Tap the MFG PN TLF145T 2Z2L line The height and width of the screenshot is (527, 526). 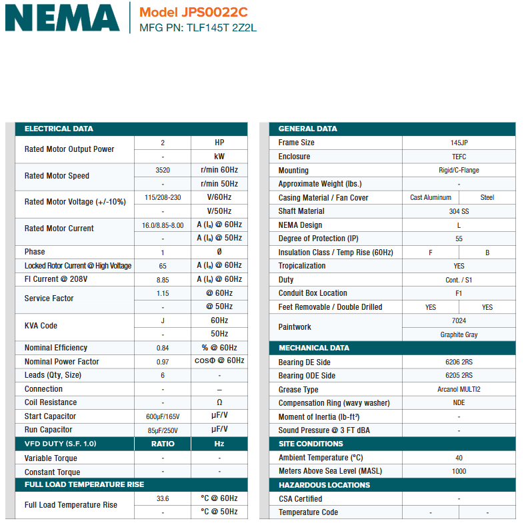coord(197,28)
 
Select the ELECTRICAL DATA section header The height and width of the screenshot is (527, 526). coord(59,129)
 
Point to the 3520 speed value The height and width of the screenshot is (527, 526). coord(163,170)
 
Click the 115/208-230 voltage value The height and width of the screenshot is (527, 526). coord(163,197)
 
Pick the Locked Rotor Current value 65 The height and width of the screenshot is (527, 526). coord(163,266)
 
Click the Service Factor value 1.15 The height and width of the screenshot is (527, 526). coord(163,293)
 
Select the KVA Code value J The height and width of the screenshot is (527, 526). coord(163,320)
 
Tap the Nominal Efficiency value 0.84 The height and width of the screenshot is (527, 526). coord(163,348)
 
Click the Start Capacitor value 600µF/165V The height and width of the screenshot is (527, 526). coord(163,416)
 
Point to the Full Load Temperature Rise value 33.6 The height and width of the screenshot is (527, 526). coord(163,498)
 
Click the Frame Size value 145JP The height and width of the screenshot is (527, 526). coord(459,143)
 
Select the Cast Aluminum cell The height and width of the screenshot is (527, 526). coord(431,198)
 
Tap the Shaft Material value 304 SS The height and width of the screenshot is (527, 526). coord(459,211)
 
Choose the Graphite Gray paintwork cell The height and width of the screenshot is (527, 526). coord(459,334)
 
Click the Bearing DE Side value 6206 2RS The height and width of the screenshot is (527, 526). coord(459,362)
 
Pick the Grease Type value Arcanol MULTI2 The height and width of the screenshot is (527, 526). coord(459,390)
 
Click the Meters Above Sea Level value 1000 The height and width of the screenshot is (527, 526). coord(459,471)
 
